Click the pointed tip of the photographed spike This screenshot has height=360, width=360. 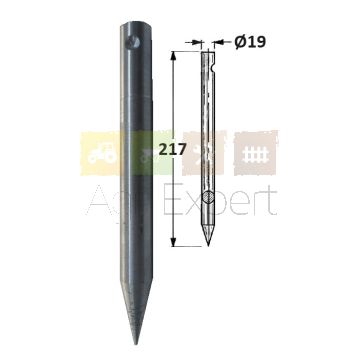[136, 344]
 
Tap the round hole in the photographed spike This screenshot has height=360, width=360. [134, 42]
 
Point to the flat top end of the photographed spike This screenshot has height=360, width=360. [137, 25]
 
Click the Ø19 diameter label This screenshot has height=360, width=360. [250, 42]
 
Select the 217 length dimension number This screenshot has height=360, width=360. [172, 150]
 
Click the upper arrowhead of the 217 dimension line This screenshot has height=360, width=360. [173, 56]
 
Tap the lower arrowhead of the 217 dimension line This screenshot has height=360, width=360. [173, 242]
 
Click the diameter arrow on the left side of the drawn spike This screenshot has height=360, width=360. [194, 42]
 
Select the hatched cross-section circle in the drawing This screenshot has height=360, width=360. [208, 198]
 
